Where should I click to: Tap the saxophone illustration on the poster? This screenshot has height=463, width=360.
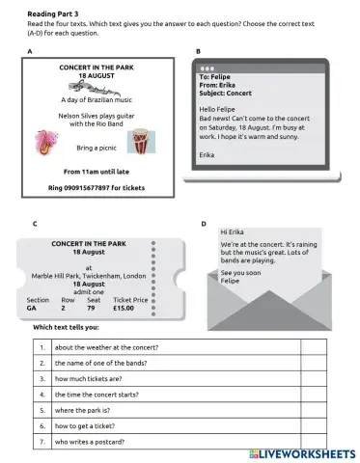(x=45, y=144)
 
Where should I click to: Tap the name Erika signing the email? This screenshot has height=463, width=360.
(x=207, y=153)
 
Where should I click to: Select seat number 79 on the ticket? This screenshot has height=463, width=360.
(x=92, y=308)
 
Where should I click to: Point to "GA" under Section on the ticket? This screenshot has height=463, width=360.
(x=33, y=308)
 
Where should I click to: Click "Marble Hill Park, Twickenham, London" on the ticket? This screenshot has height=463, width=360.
(x=89, y=276)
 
